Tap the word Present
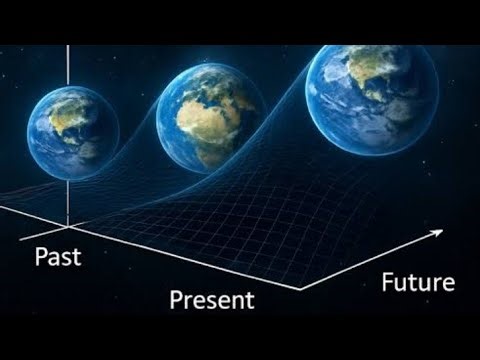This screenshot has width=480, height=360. (x=211, y=299)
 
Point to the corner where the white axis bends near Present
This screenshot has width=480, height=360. (x=299, y=288)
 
